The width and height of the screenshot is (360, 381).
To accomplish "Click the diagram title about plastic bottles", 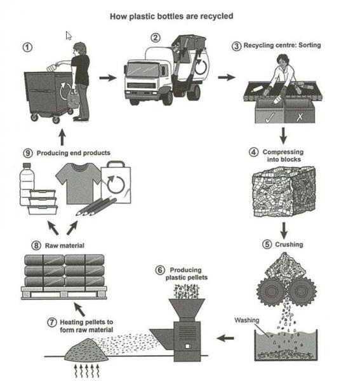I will coord(180,16).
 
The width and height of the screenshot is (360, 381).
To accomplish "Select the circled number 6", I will coord(160,270).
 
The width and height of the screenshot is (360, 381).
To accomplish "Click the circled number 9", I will coord(27,153).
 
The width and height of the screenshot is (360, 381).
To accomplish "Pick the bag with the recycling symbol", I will coord(116,181).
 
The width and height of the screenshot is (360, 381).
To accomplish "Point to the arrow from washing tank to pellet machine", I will coord(224,337).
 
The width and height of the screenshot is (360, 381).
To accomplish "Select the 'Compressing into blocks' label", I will coord(283,156).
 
